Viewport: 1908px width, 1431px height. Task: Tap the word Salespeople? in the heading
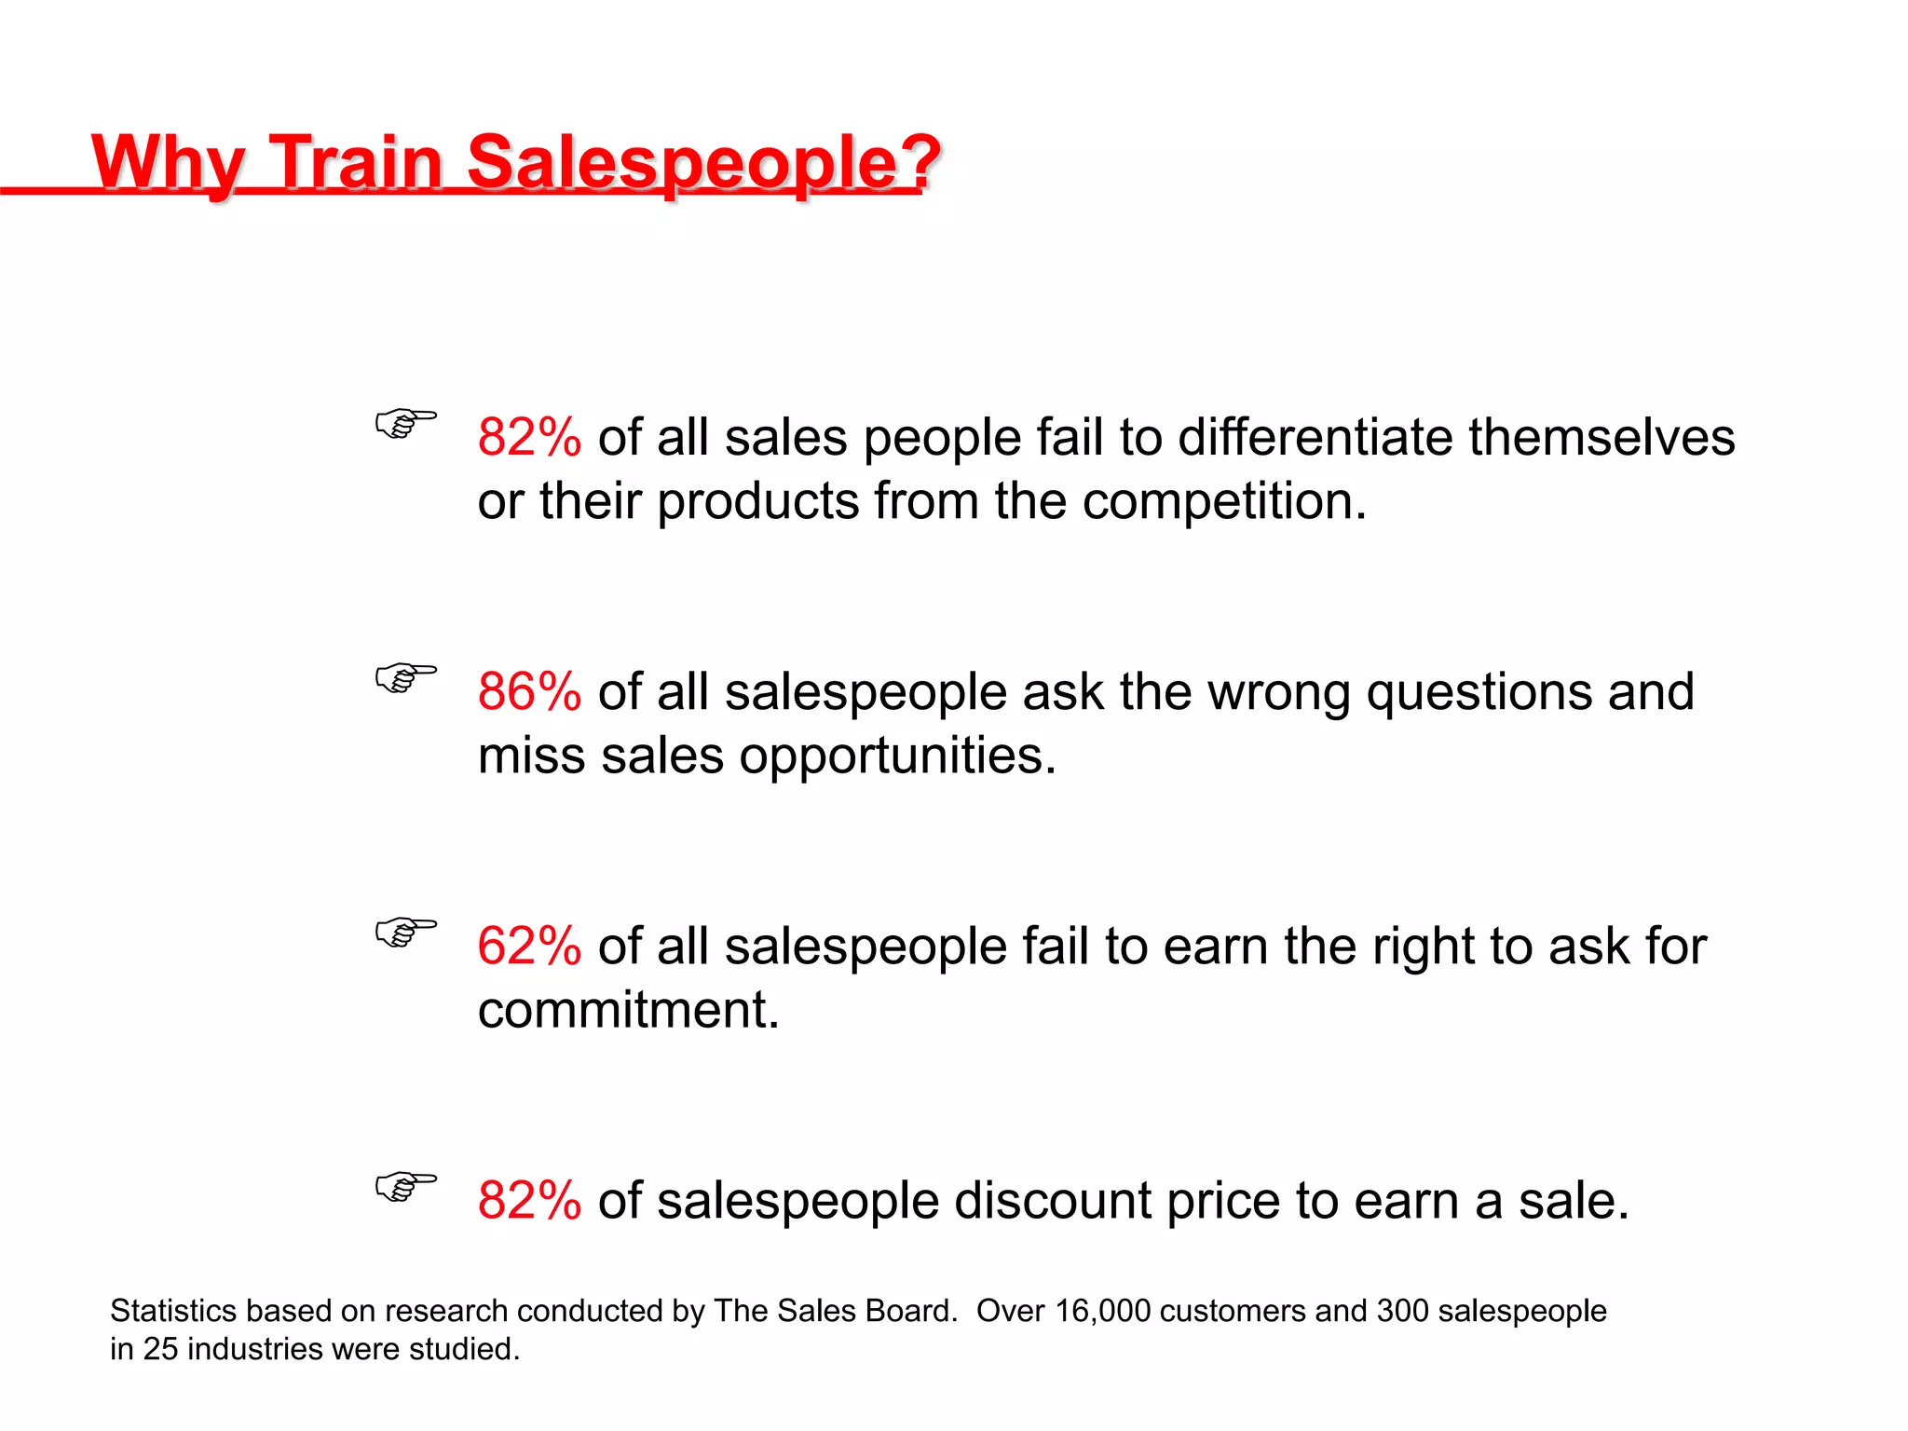[x=702, y=162]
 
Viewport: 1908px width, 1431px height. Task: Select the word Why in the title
[x=168, y=162]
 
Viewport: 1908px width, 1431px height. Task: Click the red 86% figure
[x=529, y=692]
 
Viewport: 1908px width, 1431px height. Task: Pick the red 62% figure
[x=529, y=947]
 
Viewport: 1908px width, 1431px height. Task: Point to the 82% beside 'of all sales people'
[x=529, y=437]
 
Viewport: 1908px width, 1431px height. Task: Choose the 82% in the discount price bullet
[x=529, y=1201]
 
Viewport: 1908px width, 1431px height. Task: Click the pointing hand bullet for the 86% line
[x=405, y=677]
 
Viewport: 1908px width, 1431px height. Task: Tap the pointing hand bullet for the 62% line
[x=405, y=932]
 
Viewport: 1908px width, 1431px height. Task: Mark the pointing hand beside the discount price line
[x=405, y=1186]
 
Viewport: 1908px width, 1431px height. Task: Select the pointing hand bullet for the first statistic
[x=405, y=423]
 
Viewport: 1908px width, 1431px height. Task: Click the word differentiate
[x=1315, y=437]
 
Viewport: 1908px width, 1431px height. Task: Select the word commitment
[x=628, y=1010]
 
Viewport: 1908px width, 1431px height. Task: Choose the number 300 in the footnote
[x=1402, y=1311]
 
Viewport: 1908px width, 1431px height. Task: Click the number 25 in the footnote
[x=160, y=1349]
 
